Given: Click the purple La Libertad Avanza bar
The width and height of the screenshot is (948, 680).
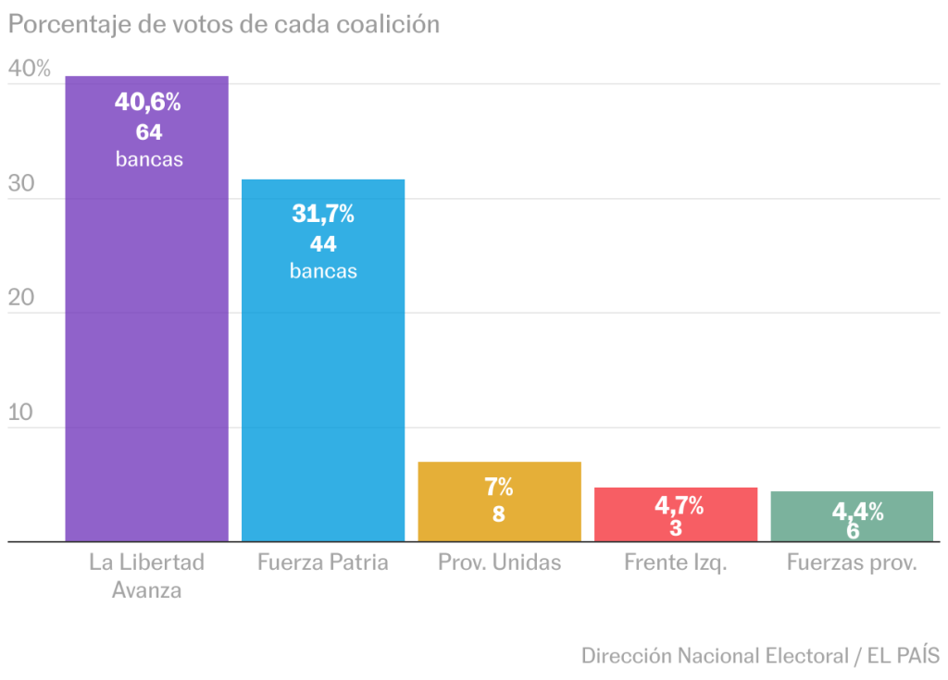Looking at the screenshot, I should click(x=146, y=352).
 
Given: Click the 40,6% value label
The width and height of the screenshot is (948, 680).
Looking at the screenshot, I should click(x=148, y=102).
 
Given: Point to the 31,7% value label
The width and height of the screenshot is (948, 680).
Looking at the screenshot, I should click(x=323, y=214).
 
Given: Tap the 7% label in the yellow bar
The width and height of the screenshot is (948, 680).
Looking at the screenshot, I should click(x=499, y=487).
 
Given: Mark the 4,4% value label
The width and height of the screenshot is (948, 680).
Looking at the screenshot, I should click(x=857, y=511).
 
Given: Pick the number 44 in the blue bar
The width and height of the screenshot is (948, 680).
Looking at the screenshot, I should click(x=323, y=244).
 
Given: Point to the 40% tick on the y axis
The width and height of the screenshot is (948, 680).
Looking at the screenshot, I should click(x=29, y=68).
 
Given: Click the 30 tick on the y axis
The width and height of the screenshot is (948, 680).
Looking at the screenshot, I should click(x=22, y=183).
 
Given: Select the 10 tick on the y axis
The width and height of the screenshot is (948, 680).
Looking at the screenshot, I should click(x=22, y=413).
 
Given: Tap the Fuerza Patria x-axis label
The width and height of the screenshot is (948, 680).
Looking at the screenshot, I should click(x=323, y=562).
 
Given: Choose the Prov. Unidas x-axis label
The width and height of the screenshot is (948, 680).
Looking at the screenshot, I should click(x=499, y=562).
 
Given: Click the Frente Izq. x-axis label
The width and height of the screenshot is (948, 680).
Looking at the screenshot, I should click(x=676, y=562).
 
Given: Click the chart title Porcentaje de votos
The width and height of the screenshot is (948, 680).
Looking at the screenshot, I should click(x=223, y=24).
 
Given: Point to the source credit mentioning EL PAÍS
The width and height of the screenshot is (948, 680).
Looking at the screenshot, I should click(x=760, y=656).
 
